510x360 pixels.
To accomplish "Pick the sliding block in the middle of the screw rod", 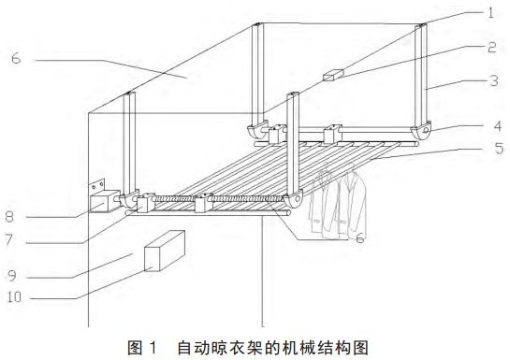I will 203,201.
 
